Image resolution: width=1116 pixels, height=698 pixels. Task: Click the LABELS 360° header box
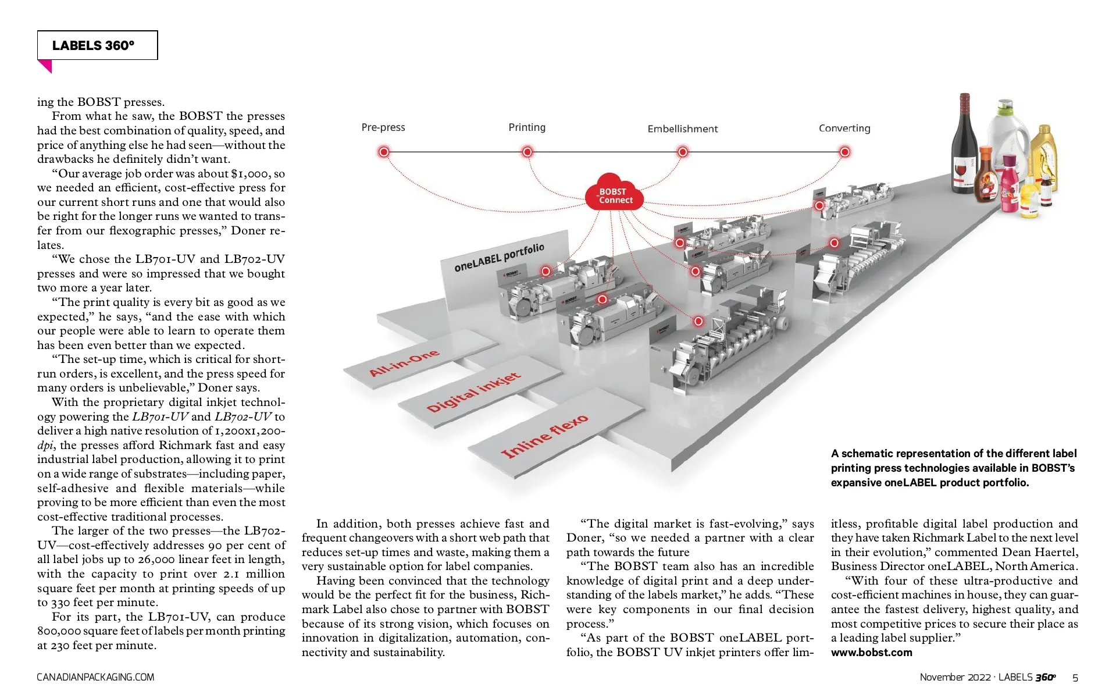pyautogui.click(x=97, y=45)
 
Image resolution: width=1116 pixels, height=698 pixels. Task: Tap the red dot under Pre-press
pyautogui.click(x=384, y=152)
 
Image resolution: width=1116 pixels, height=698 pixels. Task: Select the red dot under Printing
pyautogui.click(x=527, y=152)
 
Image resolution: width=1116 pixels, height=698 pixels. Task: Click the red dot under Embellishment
pyautogui.click(x=683, y=152)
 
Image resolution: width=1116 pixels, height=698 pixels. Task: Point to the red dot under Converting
pyautogui.click(x=844, y=152)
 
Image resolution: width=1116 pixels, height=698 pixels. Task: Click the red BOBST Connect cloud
pyautogui.click(x=614, y=193)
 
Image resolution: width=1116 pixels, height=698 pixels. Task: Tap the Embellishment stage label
pyautogui.click(x=682, y=129)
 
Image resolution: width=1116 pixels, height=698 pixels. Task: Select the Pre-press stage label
pyautogui.click(x=383, y=127)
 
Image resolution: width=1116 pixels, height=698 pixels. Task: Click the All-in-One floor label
pyautogui.click(x=404, y=364)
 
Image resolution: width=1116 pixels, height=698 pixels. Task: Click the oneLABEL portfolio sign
pyautogui.click(x=500, y=258)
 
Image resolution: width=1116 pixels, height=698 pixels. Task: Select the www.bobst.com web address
pyautogui.click(x=871, y=652)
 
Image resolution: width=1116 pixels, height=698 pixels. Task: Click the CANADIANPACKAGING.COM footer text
pyautogui.click(x=95, y=677)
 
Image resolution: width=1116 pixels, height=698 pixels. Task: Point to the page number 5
pyautogui.click(x=1075, y=678)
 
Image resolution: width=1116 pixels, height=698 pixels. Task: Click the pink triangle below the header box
pyautogui.click(x=45, y=66)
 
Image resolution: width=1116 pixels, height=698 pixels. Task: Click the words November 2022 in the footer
pyautogui.click(x=955, y=677)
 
